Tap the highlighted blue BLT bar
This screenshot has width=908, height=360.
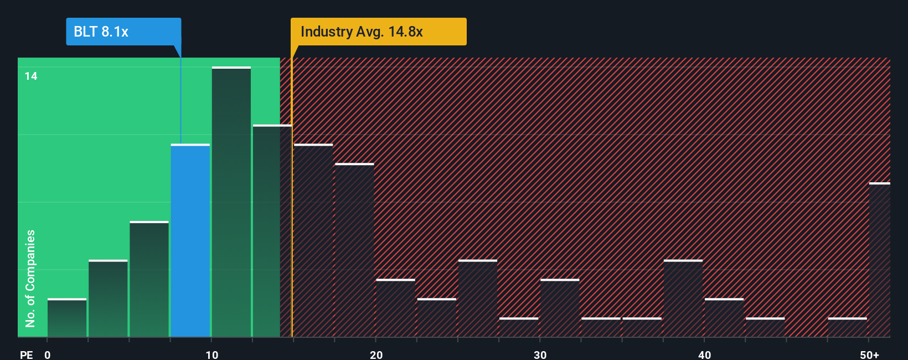[190, 240]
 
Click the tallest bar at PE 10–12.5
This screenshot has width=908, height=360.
[231, 202]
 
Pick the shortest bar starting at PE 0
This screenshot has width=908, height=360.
[67, 318]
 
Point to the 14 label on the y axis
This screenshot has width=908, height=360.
[31, 76]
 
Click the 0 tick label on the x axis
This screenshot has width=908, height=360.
[48, 354]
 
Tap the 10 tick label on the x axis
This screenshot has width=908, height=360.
[212, 354]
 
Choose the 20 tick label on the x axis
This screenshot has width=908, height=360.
[376, 354]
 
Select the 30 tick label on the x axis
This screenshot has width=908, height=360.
[540, 354]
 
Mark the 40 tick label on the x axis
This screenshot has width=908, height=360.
[705, 354]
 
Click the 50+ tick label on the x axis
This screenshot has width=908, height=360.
[869, 354]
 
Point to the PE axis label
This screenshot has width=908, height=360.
[27, 354]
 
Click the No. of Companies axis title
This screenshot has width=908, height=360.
[30, 278]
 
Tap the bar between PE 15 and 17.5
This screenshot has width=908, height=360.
[313, 240]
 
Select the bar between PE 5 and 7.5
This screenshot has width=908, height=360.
[149, 279]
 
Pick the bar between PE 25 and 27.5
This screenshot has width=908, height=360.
[478, 299]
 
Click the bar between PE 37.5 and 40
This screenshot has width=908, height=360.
[683, 299]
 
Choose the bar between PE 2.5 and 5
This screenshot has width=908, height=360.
[108, 299]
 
